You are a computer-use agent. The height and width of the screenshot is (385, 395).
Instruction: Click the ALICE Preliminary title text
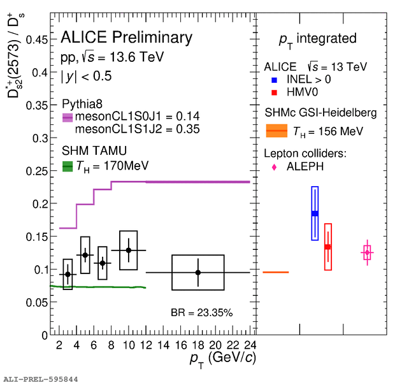tap(126, 38)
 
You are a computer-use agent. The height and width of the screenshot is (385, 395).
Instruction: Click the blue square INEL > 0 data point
tap(315, 214)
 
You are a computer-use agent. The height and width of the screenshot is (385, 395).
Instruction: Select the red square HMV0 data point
tap(327, 247)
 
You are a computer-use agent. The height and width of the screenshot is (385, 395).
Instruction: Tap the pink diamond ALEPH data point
tap(367, 253)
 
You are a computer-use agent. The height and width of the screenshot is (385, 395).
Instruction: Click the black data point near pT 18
tap(198, 272)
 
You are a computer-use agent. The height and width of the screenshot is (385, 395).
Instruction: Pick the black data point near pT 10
tap(129, 250)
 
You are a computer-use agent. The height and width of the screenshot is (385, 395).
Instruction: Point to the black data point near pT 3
tap(68, 274)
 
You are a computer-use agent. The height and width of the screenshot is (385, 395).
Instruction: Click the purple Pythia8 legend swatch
tap(68, 117)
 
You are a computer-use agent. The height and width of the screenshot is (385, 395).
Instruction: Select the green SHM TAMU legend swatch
tap(68, 166)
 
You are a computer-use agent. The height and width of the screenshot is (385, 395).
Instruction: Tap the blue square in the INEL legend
tap(274, 80)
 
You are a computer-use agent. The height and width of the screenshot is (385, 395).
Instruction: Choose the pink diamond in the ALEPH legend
tap(274, 167)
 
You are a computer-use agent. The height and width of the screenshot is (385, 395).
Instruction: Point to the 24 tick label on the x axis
tap(250, 345)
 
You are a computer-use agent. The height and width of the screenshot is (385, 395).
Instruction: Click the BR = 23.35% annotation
tap(201, 313)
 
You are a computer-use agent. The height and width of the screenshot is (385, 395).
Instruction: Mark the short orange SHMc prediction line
tap(275, 272)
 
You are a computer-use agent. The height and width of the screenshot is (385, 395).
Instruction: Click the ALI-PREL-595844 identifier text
tap(39, 379)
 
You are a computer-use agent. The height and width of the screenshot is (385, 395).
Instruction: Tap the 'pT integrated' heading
tap(317, 39)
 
